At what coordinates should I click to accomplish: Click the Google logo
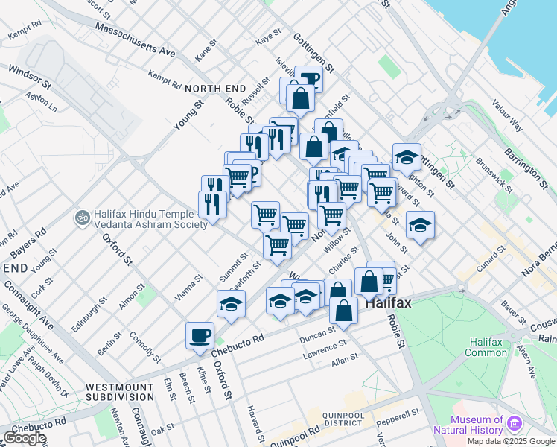tap(25, 438)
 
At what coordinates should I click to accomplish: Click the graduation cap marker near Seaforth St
tap(232, 303)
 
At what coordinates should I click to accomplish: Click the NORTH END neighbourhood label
tap(216, 89)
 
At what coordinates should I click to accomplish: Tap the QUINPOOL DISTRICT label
tap(349, 419)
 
